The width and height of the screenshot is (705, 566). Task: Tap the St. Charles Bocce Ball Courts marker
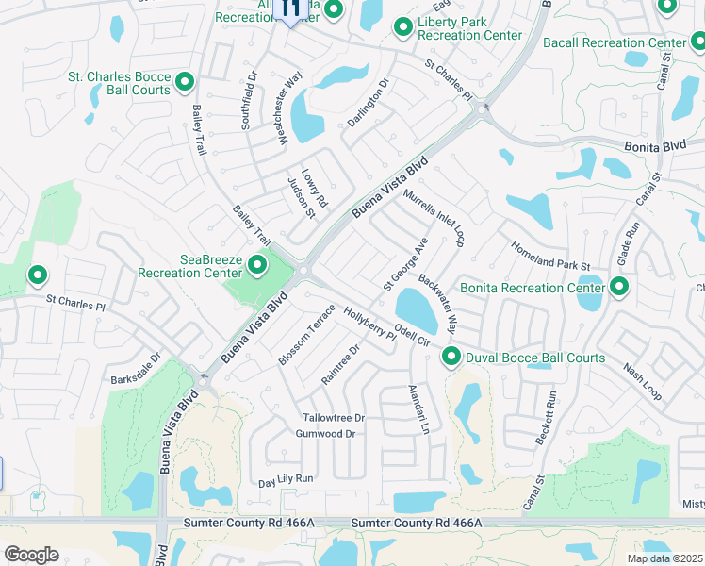(x=184, y=82)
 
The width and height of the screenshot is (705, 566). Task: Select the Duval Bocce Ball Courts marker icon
(x=451, y=357)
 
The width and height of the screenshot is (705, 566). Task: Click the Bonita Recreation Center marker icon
(x=619, y=286)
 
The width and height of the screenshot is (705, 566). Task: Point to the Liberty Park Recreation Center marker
(x=403, y=27)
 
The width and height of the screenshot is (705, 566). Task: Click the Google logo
(x=31, y=554)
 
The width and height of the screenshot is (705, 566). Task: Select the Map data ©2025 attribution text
(x=664, y=558)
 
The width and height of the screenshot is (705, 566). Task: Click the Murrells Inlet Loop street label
(x=434, y=218)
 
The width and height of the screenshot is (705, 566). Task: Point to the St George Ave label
(x=405, y=263)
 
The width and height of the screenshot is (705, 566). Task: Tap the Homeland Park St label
(x=549, y=256)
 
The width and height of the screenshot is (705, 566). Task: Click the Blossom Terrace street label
(x=307, y=335)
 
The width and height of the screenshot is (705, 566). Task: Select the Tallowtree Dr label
(x=334, y=417)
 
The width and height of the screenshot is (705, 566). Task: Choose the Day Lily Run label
(x=286, y=479)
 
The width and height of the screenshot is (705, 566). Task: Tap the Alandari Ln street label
(x=418, y=409)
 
